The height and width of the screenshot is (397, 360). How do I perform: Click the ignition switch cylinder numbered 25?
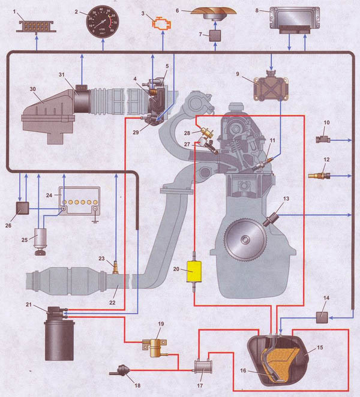tap(41, 238)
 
